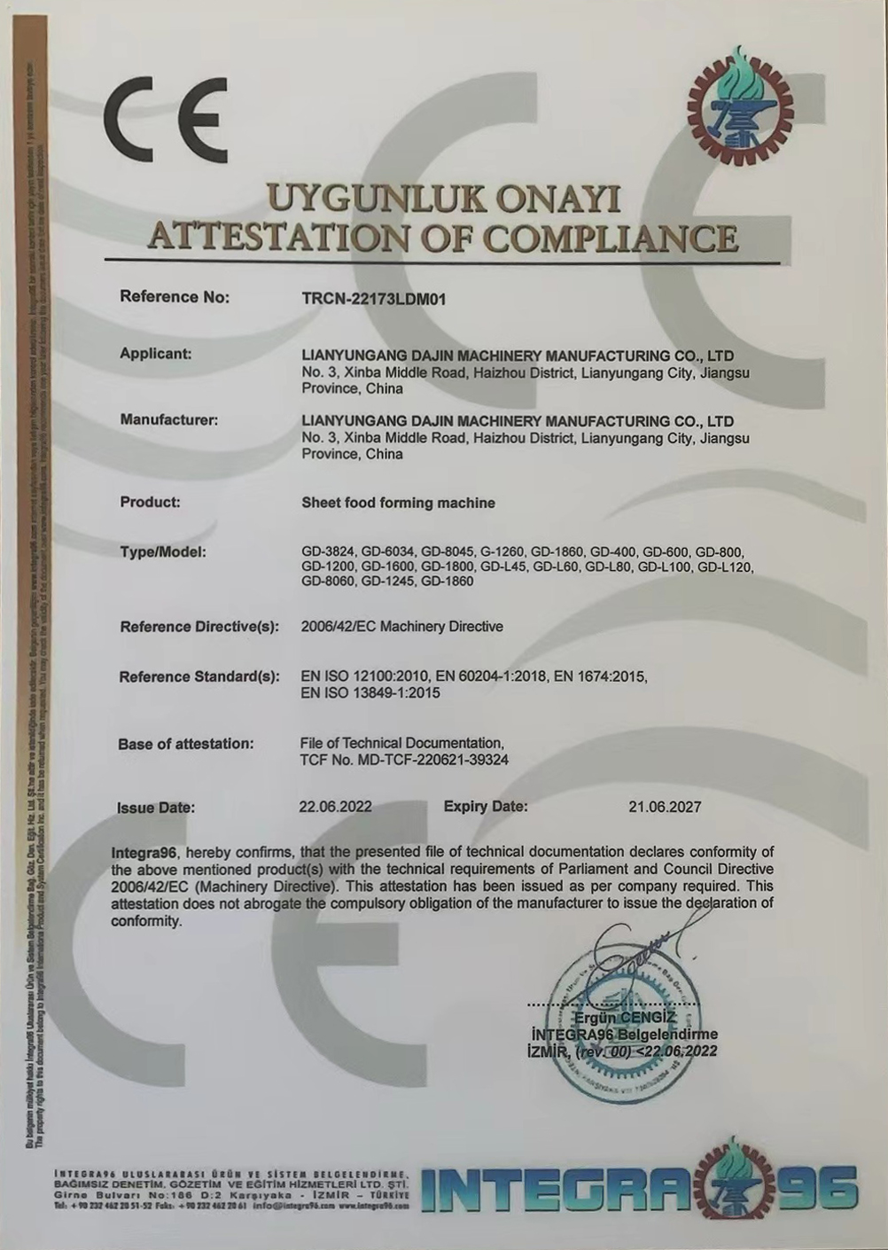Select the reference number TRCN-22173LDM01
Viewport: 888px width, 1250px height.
tap(373, 299)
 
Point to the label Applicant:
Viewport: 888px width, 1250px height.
tap(156, 354)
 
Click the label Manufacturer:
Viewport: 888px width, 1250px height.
tap(168, 419)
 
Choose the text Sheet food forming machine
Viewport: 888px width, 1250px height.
tap(398, 503)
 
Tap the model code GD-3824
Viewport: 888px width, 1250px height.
tap(328, 551)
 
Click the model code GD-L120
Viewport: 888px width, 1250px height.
tap(725, 566)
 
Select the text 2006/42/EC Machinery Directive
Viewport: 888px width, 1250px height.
tap(401, 627)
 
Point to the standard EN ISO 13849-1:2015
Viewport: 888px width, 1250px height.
tap(370, 693)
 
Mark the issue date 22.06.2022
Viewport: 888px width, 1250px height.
tap(336, 807)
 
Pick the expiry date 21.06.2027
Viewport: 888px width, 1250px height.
tap(665, 807)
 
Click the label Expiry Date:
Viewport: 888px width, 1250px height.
tap(485, 807)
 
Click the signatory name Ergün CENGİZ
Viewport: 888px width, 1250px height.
tap(625, 1017)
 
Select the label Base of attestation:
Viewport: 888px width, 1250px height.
tap(186, 744)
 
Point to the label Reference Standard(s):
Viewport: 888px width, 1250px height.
tap(199, 677)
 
